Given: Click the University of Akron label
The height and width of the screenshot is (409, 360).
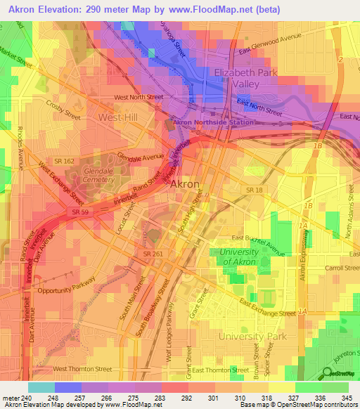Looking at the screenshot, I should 244,257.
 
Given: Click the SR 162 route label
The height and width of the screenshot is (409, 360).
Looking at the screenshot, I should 65,162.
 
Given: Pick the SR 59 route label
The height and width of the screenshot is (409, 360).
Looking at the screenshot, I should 79,211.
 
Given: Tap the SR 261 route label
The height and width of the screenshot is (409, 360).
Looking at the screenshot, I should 154,254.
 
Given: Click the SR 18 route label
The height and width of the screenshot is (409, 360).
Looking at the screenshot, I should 255,190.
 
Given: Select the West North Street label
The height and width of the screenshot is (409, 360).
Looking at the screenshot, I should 139,97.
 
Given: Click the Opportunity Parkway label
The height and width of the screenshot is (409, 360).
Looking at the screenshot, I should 67,291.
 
